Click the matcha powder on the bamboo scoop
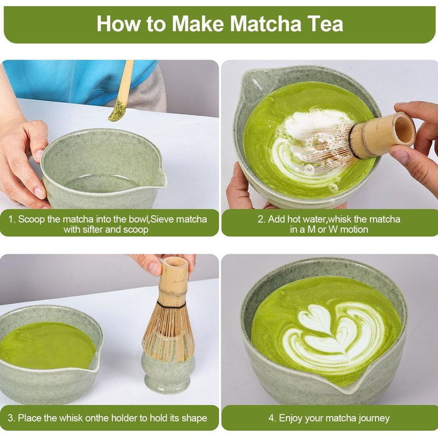117,111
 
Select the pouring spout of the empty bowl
160,178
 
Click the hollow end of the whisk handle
403,129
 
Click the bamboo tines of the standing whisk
169,332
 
